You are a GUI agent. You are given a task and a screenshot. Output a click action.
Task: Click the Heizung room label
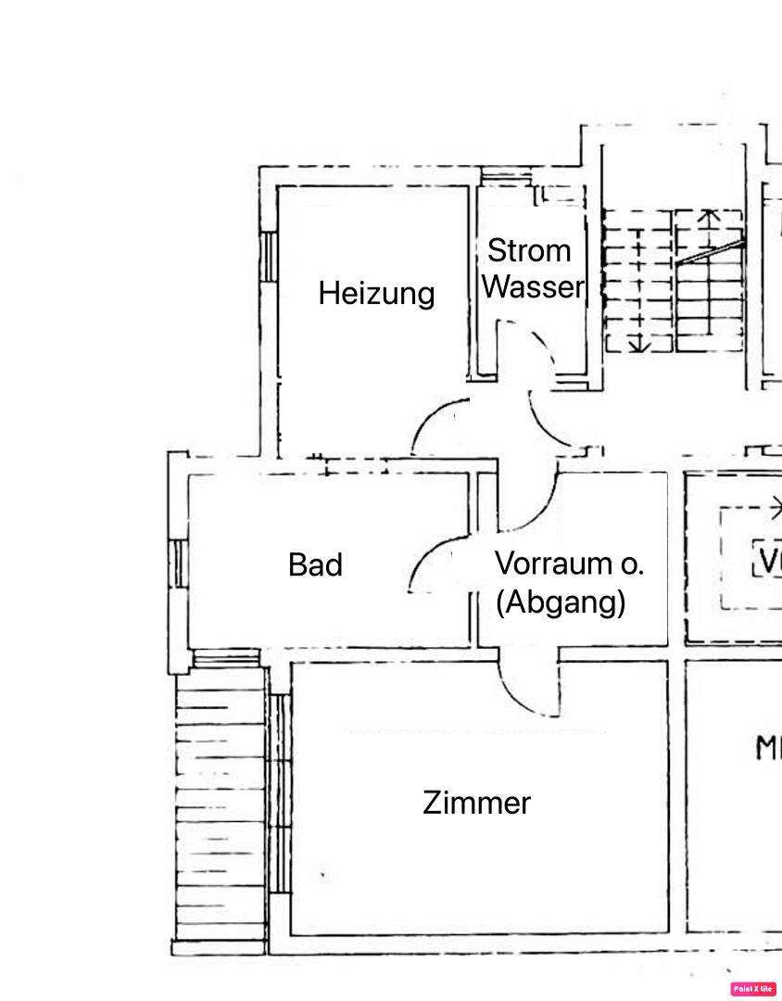pos(376,294)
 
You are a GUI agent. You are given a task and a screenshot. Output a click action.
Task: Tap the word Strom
pos(529,250)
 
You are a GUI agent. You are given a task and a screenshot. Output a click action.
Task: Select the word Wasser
pos(534,287)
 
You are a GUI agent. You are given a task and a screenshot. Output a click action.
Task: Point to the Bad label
pos(315,564)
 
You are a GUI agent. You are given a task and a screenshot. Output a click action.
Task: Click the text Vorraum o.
pos(569,563)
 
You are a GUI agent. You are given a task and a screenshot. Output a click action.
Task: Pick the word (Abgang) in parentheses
pos(561,602)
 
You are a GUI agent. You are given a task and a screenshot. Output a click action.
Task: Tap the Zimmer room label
pos(476,802)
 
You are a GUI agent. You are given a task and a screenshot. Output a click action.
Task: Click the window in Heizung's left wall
pos(268,256)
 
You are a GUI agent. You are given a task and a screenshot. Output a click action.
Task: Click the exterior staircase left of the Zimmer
pos(221,806)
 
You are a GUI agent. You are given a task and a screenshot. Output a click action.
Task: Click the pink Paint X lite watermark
pos(753,989)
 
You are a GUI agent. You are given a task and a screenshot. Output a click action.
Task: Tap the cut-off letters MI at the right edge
pos(767,748)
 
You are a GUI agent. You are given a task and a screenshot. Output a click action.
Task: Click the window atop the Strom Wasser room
pos(504,176)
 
